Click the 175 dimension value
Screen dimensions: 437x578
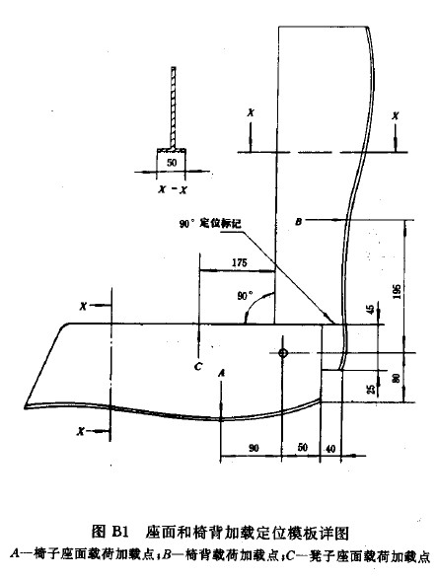tap(240, 262)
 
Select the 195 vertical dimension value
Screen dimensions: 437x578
tap(397, 291)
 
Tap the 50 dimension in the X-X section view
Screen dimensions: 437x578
tap(172, 162)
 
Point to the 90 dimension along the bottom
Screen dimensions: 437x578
tap(254, 448)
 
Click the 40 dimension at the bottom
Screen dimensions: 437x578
tap(330, 449)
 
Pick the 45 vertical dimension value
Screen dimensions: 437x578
tap(372, 308)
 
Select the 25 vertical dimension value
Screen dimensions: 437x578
tap(372, 389)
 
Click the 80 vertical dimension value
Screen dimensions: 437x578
tap(397, 378)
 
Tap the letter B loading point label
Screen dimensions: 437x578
tap(298, 222)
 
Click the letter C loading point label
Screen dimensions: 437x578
tap(198, 366)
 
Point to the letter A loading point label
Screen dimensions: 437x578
tap(221, 373)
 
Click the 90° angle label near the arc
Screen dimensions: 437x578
tap(246, 296)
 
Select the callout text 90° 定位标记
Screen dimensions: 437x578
tap(210, 223)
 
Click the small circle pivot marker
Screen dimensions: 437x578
tap(282, 353)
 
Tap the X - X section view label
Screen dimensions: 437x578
tap(173, 189)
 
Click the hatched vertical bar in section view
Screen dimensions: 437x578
tap(173, 108)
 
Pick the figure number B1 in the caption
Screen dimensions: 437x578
tap(119, 532)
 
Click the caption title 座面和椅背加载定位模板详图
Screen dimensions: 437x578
tap(247, 533)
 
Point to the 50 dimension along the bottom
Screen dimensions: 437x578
tap(303, 448)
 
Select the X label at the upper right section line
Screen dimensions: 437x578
tap(396, 116)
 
